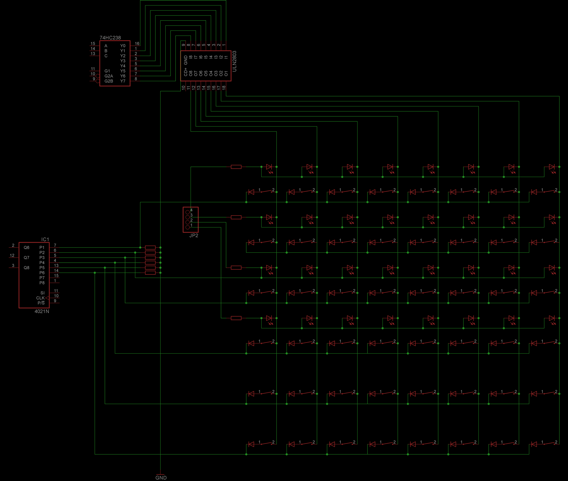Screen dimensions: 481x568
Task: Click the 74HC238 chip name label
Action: pyautogui.click(x=110, y=38)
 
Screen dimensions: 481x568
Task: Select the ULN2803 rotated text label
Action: pyautogui.click(x=234, y=61)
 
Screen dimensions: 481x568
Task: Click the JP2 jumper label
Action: pyautogui.click(x=194, y=236)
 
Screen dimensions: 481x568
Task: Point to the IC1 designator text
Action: pyautogui.click(x=45, y=239)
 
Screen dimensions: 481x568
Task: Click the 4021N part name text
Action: pyautogui.click(x=42, y=311)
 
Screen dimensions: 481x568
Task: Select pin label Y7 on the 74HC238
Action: pyautogui.click(x=123, y=81)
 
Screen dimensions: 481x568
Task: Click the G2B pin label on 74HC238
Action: pyautogui.click(x=109, y=81)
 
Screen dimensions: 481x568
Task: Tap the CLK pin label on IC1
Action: pyautogui.click(x=40, y=298)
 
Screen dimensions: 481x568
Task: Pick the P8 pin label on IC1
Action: pyautogui.click(x=42, y=283)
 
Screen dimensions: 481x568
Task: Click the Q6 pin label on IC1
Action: pyautogui.click(x=26, y=248)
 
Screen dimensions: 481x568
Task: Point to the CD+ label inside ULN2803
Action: pyautogui.click(x=186, y=72)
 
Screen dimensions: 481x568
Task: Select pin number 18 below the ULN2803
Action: pyautogui.click(x=224, y=88)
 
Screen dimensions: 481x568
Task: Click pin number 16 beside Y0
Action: pyautogui.click(x=137, y=44)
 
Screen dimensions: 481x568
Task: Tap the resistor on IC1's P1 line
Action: pyautogui.click(x=150, y=247)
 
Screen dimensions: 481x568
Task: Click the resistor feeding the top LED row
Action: pyautogui.click(x=236, y=167)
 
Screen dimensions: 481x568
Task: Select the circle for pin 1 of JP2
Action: pyautogui.click(x=187, y=227)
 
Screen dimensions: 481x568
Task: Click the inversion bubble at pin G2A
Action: pyautogui.click(x=98, y=76)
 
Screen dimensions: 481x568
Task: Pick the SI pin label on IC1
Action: pyautogui.click(x=42, y=293)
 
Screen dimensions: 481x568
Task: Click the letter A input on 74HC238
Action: pyautogui.click(x=106, y=46)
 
